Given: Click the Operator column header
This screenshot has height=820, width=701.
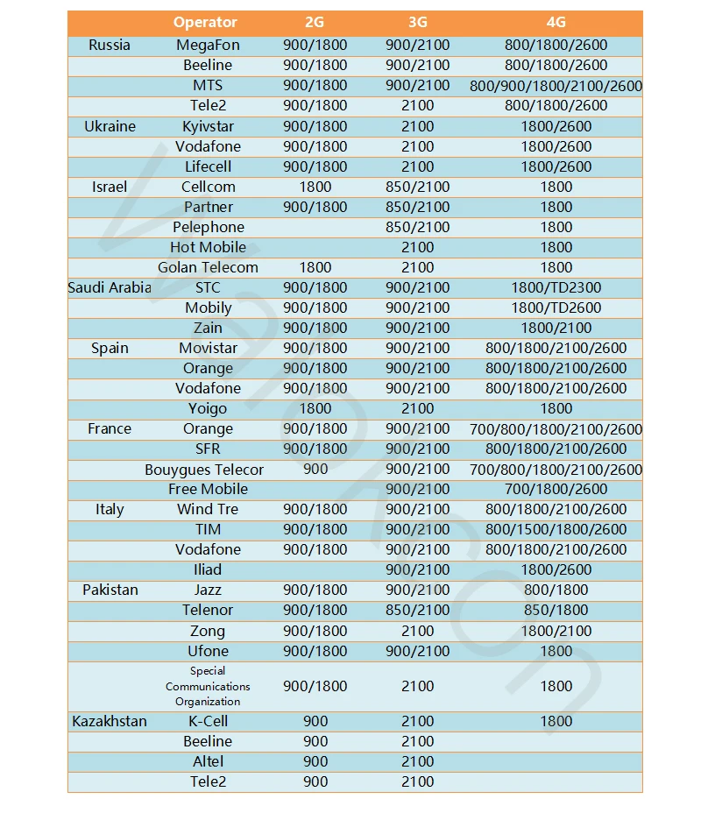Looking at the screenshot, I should tap(205, 23).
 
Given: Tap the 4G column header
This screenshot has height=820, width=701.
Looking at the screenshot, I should tap(556, 23).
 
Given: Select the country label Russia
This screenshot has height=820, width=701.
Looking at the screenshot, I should tap(110, 45).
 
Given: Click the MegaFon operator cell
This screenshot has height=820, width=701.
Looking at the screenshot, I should tap(208, 45).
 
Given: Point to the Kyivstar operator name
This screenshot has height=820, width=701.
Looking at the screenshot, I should tap(208, 126).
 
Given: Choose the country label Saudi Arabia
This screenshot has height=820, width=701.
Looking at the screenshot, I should tap(110, 287).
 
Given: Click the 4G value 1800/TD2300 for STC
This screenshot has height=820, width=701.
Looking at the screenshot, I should tap(556, 287).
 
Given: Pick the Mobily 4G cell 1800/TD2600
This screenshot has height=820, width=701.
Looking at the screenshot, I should tap(556, 307).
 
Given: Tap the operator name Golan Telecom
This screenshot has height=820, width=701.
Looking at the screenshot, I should tap(208, 267).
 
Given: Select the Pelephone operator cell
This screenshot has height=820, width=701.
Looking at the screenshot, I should tap(208, 227).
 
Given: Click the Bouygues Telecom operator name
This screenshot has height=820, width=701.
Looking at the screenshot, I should tap(204, 470).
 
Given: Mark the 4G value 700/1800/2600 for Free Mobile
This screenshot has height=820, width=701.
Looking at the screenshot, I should tap(556, 489).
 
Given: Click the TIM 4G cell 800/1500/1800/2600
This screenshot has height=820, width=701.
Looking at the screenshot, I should tap(556, 529).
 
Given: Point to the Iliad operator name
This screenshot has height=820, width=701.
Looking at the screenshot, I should tap(208, 569).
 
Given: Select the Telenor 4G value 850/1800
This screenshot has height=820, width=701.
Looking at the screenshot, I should tap(556, 610).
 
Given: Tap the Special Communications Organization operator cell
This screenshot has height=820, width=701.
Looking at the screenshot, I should tap(208, 686).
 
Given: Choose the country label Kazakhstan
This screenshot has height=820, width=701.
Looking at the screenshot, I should tap(110, 721).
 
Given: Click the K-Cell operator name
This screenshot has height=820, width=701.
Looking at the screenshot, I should tap(208, 721).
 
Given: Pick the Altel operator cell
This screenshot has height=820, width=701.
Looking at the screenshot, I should tap(208, 761).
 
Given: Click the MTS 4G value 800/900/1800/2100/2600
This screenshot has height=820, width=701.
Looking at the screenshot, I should tap(556, 86).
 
